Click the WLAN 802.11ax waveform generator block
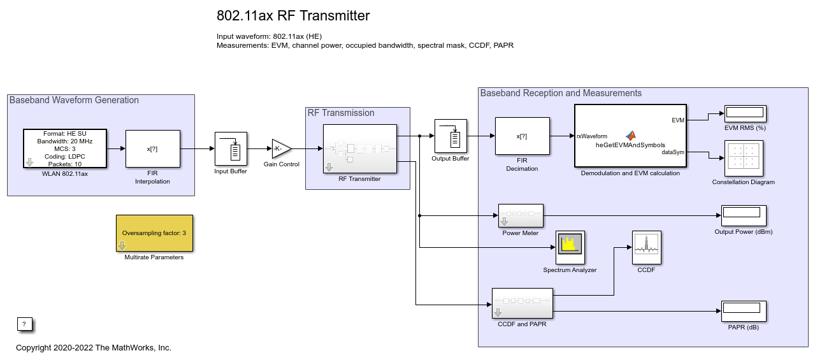coord(65,148)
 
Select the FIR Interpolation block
coord(152,148)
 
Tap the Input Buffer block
coord(230,148)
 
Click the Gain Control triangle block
coord(280,148)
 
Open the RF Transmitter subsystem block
coord(359,148)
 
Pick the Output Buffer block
coord(451,136)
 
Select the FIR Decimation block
coord(522,136)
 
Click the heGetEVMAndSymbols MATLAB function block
coord(630,136)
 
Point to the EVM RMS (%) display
coord(744,113)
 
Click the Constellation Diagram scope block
coord(744,158)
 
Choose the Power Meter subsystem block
coord(520,216)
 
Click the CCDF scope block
coord(646,247)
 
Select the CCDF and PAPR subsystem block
coord(522,303)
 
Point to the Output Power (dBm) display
coord(743,216)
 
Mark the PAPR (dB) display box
coord(743,311)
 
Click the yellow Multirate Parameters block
coord(154,234)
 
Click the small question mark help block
coord(24,324)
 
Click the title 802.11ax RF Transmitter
coord(293,16)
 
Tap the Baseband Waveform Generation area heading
coord(74,100)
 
